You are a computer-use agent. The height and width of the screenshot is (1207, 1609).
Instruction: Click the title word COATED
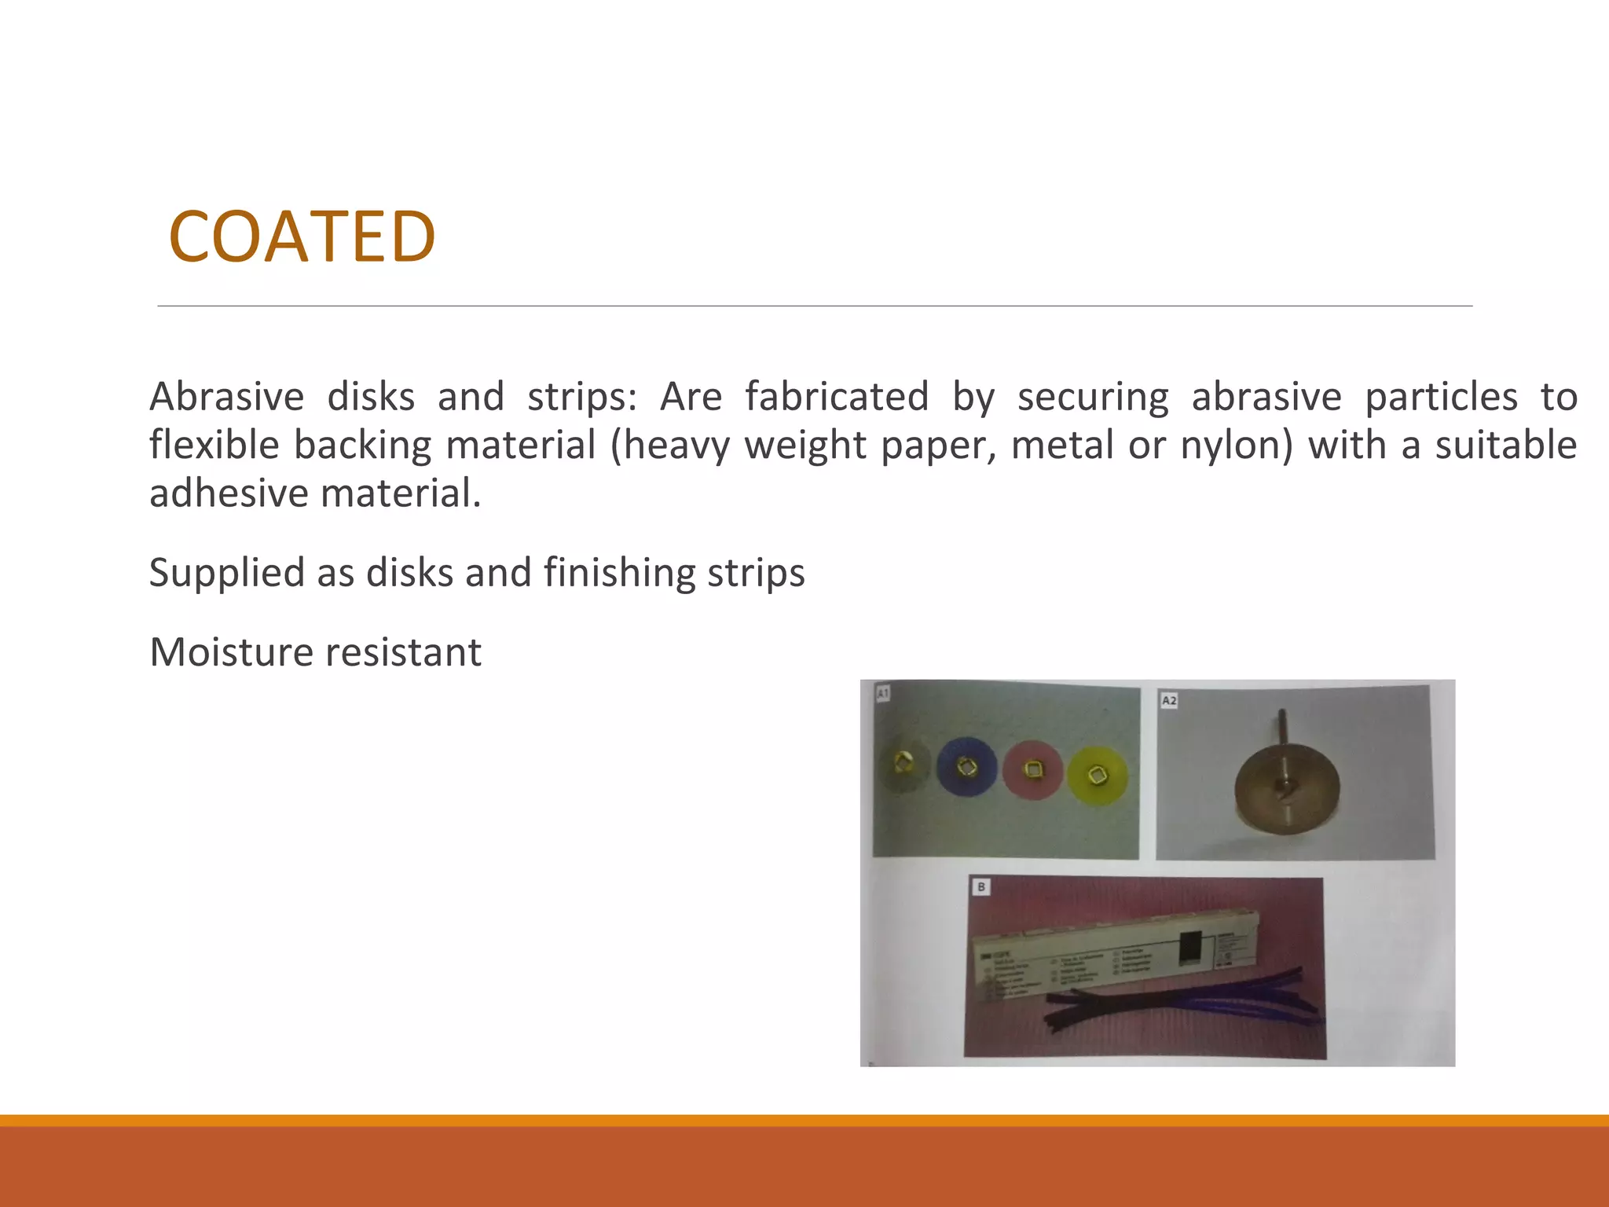click(302, 237)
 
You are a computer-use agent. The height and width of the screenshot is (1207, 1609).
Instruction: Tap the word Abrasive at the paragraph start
click(226, 396)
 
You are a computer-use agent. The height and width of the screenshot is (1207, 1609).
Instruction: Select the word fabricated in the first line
click(837, 396)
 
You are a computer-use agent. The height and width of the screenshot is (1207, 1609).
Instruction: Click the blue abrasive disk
click(966, 766)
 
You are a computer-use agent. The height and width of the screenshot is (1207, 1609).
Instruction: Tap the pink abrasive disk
click(1032, 770)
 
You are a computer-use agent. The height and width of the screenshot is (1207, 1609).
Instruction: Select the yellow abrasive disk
click(1098, 776)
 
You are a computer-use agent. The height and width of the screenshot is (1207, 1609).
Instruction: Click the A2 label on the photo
click(1169, 700)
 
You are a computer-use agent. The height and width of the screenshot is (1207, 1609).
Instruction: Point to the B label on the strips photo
click(981, 887)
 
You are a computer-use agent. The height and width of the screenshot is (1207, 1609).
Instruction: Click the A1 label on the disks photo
click(883, 693)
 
